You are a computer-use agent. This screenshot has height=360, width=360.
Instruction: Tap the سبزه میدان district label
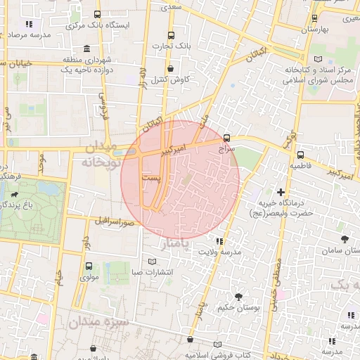pos(98,323)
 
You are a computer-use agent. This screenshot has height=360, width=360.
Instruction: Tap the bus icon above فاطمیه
pos(300,155)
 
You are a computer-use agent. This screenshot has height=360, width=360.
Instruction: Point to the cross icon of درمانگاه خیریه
pos(281,191)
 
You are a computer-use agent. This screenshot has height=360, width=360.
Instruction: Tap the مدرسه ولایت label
pos(220,252)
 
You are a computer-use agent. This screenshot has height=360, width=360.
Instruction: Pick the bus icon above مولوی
pos(89,266)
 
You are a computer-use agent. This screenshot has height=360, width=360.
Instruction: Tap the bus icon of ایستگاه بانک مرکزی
pos(96,14)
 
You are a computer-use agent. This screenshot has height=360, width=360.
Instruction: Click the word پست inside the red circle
pos(151,180)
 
